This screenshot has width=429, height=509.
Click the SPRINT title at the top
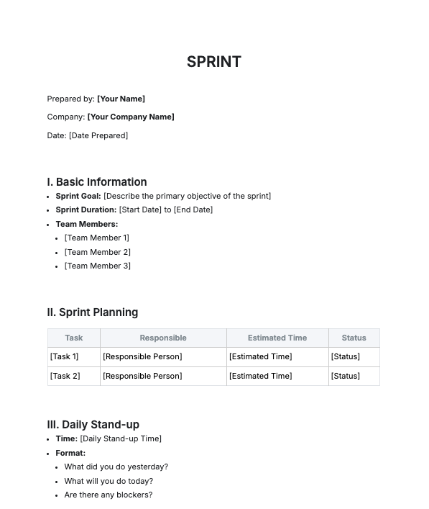point(213,62)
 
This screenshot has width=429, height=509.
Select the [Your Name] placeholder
point(121,99)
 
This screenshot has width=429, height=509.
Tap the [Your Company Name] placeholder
point(131,117)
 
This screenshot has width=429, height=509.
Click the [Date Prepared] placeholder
point(98,135)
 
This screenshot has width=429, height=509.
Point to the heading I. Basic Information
point(97,182)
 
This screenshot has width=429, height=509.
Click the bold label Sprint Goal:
point(78,196)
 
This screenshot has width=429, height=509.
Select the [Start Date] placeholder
point(140,210)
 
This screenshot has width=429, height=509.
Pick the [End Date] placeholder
point(193,210)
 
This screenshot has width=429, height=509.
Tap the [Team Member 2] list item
point(97,252)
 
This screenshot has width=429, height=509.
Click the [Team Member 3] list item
point(97,266)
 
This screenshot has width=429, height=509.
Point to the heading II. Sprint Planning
point(93,312)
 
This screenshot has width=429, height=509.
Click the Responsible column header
point(163,338)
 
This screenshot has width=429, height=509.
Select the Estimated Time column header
point(277,338)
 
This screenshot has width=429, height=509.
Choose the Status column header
point(354,338)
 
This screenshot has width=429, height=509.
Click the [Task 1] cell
point(65,356)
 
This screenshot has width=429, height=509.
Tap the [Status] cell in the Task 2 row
point(345,376)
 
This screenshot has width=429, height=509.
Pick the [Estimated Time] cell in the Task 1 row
point(260,356)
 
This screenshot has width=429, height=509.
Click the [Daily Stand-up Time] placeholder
point(121,438)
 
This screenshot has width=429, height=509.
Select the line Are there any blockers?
point(108,495)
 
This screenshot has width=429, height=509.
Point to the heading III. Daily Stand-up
point(93,425)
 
